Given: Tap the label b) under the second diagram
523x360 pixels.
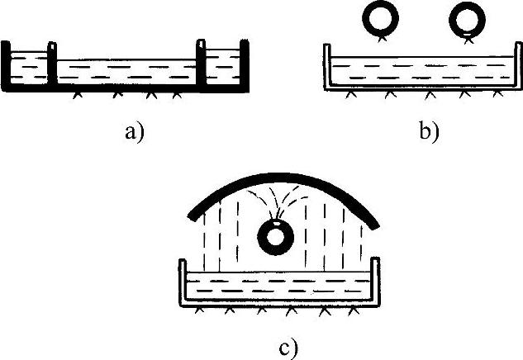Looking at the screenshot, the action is (x=429, y=131).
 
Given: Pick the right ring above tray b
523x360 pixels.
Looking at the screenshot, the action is (x=469, y=20).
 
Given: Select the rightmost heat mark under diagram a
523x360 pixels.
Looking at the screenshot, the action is (x=175, y=96).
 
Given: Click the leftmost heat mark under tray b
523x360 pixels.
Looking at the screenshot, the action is (x=351, y=96).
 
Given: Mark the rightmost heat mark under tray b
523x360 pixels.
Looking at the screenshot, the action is (x=496, y=96).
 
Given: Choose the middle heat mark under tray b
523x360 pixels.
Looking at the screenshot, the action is (x=428, y=96).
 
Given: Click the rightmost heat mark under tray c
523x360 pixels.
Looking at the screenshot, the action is (x=354, y=311).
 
